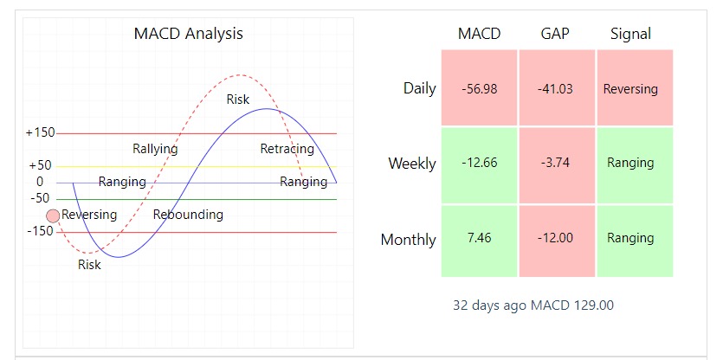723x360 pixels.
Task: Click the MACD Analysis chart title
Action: (x=188, y=34)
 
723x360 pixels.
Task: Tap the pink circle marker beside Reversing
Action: (x=53, y=215)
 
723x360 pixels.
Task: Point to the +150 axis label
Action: (x=40, y=133)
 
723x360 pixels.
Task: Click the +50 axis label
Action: (x=40, y=165)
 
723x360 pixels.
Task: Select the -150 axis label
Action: (x=40, y=231)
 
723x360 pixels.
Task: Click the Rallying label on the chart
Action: (x=155, y=149)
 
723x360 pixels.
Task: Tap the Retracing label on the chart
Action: (x=287, y=149)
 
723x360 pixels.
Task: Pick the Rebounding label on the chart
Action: (x=188, y=215)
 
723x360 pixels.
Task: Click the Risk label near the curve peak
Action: (x=238, y=100)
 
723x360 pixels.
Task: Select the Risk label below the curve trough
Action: (x=89, y=265)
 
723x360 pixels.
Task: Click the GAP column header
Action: (x=555, y=34)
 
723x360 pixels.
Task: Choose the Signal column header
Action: (x=630, y=34)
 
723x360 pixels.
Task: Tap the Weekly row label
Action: (x=412, y=164)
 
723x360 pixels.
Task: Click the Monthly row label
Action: (x=408, y=240)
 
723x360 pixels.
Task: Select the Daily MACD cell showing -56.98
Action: (x=480, y=88)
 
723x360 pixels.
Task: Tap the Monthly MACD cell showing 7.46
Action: (x=480, y=238)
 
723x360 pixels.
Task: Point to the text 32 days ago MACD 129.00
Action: (x=533, y=305)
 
